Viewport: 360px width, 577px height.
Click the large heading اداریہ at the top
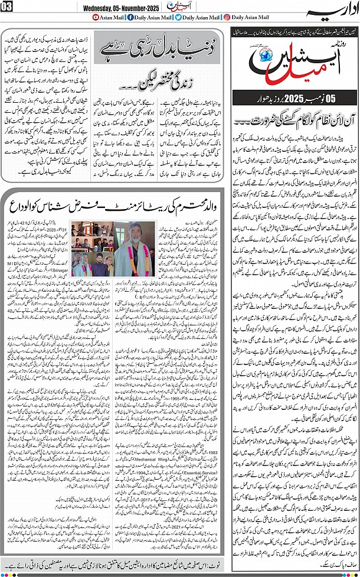click(x=334, y=8)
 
